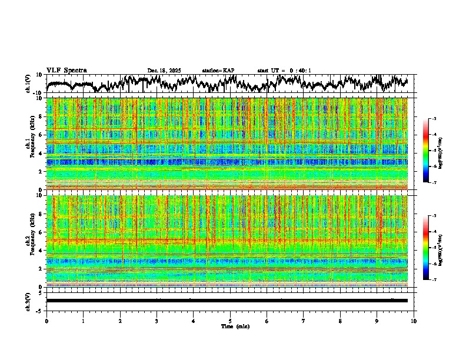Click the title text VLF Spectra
pos(66,70)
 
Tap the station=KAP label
pos(218,71)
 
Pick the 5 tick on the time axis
pos(230,321)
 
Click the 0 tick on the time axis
pos(46,321)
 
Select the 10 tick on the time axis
pos(414,321)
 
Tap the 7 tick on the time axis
pos(304,321)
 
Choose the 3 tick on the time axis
pos(157,321)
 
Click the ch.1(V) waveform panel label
pos(28,84)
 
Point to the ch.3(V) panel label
pos(28,301)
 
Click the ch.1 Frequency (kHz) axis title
pos(29,144)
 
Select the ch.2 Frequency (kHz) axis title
pos(29,241)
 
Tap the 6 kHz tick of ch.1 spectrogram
pos(41,135)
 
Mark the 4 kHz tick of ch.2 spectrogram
pos(41,251)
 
